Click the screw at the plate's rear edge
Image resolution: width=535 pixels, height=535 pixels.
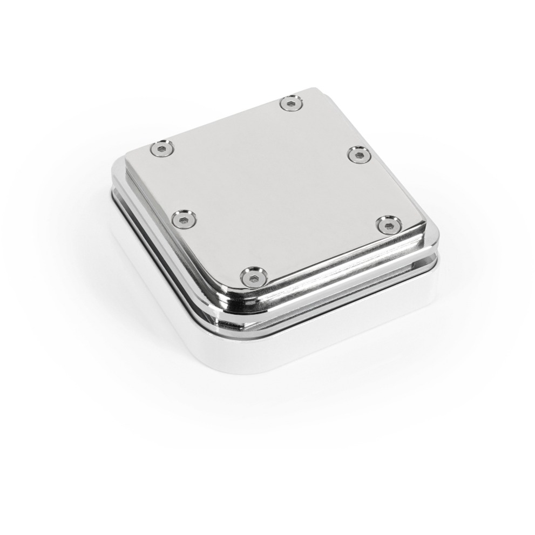point(291,103)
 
